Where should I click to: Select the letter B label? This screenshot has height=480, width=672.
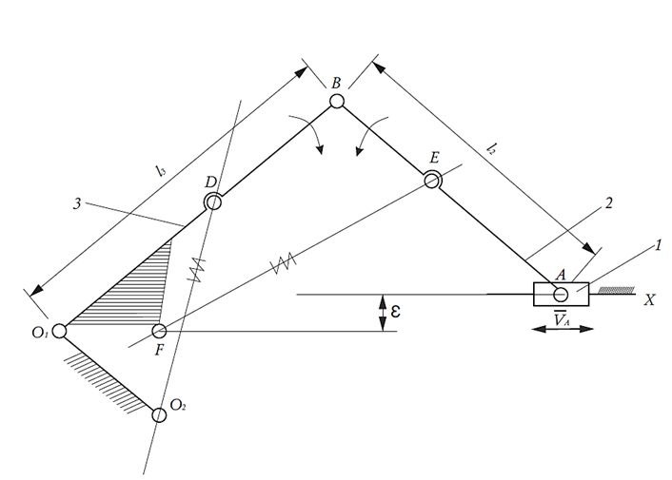click(336, 83)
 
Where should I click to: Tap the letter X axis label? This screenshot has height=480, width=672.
click(649, 300)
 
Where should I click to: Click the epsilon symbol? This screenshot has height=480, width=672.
click(395, 311)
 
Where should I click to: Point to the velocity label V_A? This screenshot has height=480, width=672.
click(561, 318)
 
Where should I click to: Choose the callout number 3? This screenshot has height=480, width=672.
click(77, 203)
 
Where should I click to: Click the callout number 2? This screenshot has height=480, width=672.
click(609, 202)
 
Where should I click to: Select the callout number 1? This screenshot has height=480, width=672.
click(658, 245)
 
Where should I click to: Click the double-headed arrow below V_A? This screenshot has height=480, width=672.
click(563, 329)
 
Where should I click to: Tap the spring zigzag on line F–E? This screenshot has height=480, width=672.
click(285, 263)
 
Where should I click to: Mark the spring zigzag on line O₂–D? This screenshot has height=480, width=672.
click(197, 269)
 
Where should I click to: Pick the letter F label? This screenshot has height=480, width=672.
click(159, 351)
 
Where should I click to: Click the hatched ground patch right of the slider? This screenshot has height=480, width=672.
click(616, 291)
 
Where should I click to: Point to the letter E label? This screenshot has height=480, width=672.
click(435, 158)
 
